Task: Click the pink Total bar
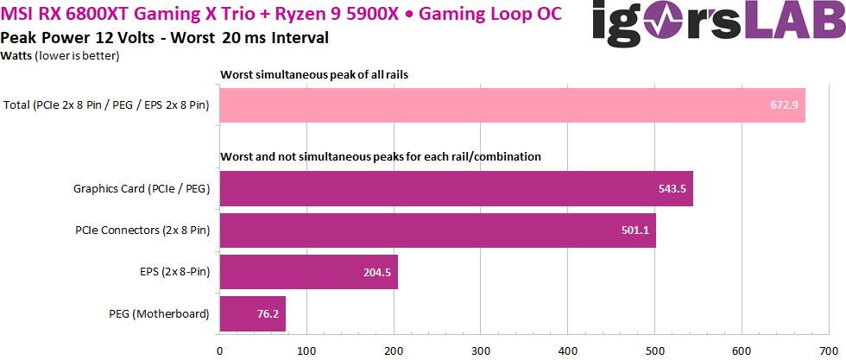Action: point(513,105)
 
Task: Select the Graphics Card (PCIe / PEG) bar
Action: point(457,188)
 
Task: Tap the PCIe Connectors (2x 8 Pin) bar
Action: point(438,230)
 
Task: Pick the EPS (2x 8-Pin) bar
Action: point(309,272)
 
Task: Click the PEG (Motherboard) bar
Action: point(253,313)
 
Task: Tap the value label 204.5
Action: point(374,272)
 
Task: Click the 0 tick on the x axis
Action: point(220,350)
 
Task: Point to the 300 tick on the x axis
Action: point(481,350)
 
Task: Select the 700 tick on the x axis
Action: point(828,350)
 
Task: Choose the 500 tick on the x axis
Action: point(654,350)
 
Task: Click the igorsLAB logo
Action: point(717,23)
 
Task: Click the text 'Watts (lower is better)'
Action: point(60,56)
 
